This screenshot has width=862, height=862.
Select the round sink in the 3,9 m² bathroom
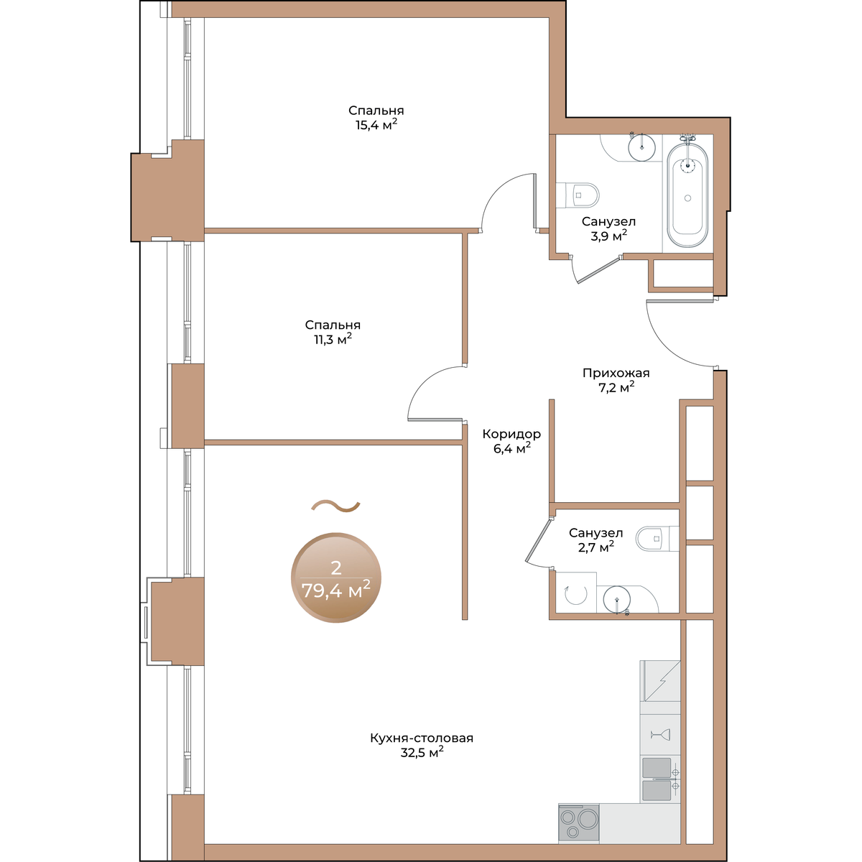tap(642, 147)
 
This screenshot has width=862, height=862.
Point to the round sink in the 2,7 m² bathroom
tap(617, 599)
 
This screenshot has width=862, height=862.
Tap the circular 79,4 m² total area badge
tap(336, 578)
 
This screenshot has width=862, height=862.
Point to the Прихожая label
tap(616, 373)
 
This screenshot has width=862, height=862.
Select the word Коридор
tap(511, 434)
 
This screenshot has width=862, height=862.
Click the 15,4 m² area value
tap(376, 124)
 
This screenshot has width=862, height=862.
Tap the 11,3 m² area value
tap(333, 338)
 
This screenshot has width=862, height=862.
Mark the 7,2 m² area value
tap(616, 387)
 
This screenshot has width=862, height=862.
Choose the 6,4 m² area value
tap(512, 448)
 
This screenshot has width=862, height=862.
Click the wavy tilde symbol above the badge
tap(335, 506)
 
